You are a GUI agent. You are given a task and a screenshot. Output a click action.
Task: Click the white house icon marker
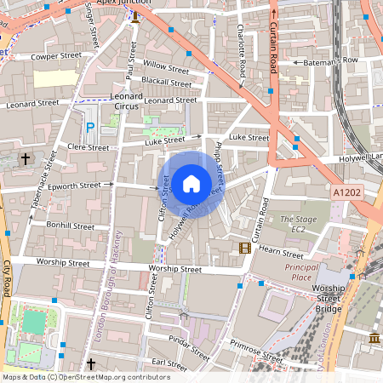191,183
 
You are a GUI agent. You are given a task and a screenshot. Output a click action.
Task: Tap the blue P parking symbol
90,127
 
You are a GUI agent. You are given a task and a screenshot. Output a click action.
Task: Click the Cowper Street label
55,56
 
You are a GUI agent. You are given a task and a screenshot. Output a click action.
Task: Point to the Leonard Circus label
127,102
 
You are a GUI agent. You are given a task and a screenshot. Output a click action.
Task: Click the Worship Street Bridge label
328,299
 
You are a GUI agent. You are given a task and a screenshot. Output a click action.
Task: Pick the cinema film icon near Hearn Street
245,249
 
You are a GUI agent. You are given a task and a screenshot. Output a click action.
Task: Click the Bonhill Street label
71,226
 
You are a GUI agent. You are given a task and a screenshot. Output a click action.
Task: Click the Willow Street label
166,66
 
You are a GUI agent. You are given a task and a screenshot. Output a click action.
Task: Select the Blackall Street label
167,83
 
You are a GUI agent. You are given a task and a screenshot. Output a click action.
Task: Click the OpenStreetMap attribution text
85,377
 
